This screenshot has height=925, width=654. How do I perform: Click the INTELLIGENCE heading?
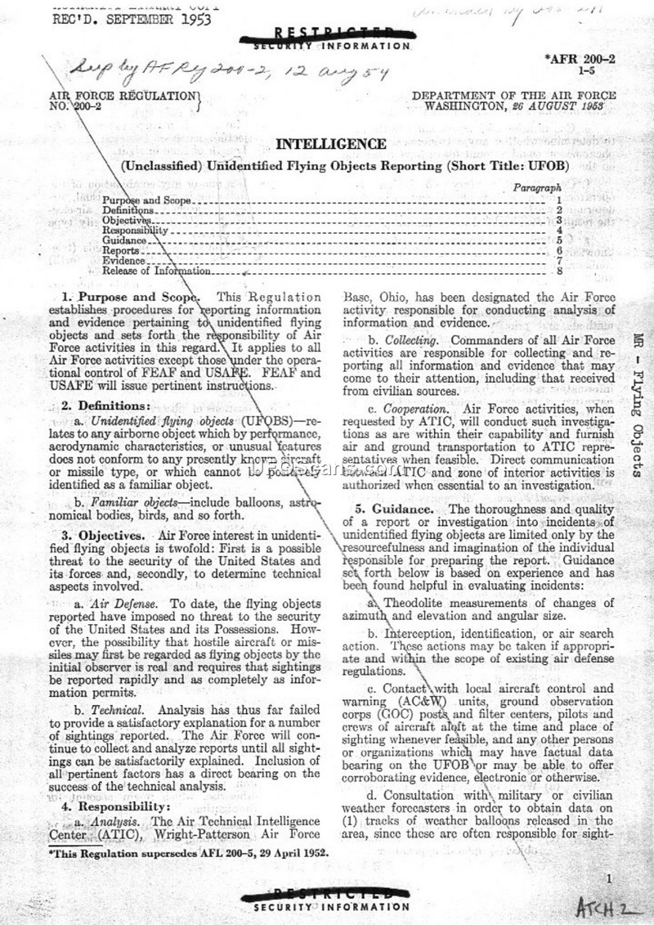click(331, 145)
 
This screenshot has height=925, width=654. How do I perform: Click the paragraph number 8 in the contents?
click(558, 270)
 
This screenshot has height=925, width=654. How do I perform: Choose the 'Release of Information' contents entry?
click(156, 271)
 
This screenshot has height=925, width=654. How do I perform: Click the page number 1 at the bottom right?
click(609, 878)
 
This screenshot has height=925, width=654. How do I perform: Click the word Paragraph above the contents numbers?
click(537, 188)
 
